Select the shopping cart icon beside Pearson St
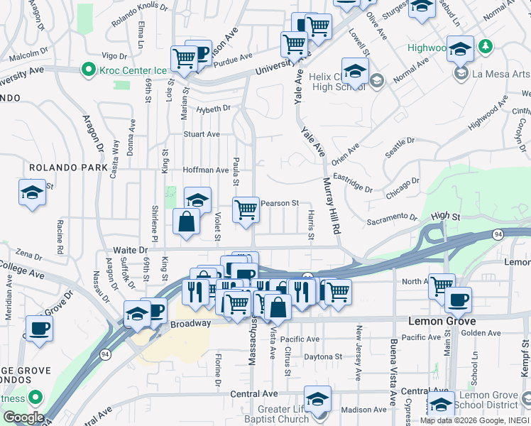point(246,209)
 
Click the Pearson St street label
point(280,203)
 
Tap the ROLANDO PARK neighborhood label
point(69,168)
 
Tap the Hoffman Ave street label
point(206,170)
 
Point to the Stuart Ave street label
point(202,133)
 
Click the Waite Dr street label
point(130,250)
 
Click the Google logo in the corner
point(23,417)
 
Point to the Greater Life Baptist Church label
point(284,413)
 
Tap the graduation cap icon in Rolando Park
point(33,193)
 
